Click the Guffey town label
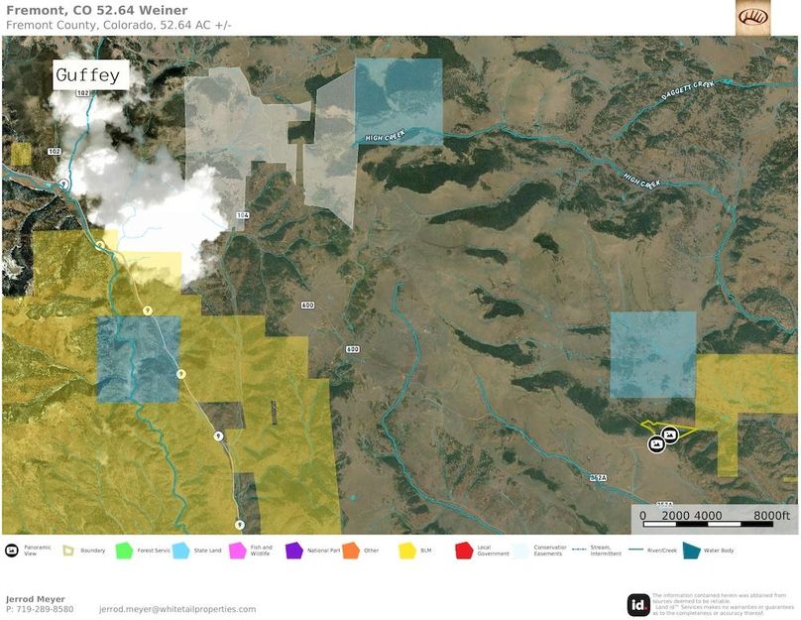(87, 75)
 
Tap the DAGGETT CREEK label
(690, 91)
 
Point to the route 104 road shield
(242, 214)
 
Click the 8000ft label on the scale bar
(770, 516)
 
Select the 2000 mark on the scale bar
(677, 516)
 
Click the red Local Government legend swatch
(463, 550)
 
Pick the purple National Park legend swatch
(293, 550)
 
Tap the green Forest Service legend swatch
(124, 550)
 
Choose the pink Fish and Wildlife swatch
(237, 550)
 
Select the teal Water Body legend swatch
(690, 550)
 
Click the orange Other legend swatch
(350, 550)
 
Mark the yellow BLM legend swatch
(406, 550)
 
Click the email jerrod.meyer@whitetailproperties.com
(177, 609)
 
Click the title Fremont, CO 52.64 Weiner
(96, 11)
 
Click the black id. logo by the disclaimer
(638, 604)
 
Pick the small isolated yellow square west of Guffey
(21, 154)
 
